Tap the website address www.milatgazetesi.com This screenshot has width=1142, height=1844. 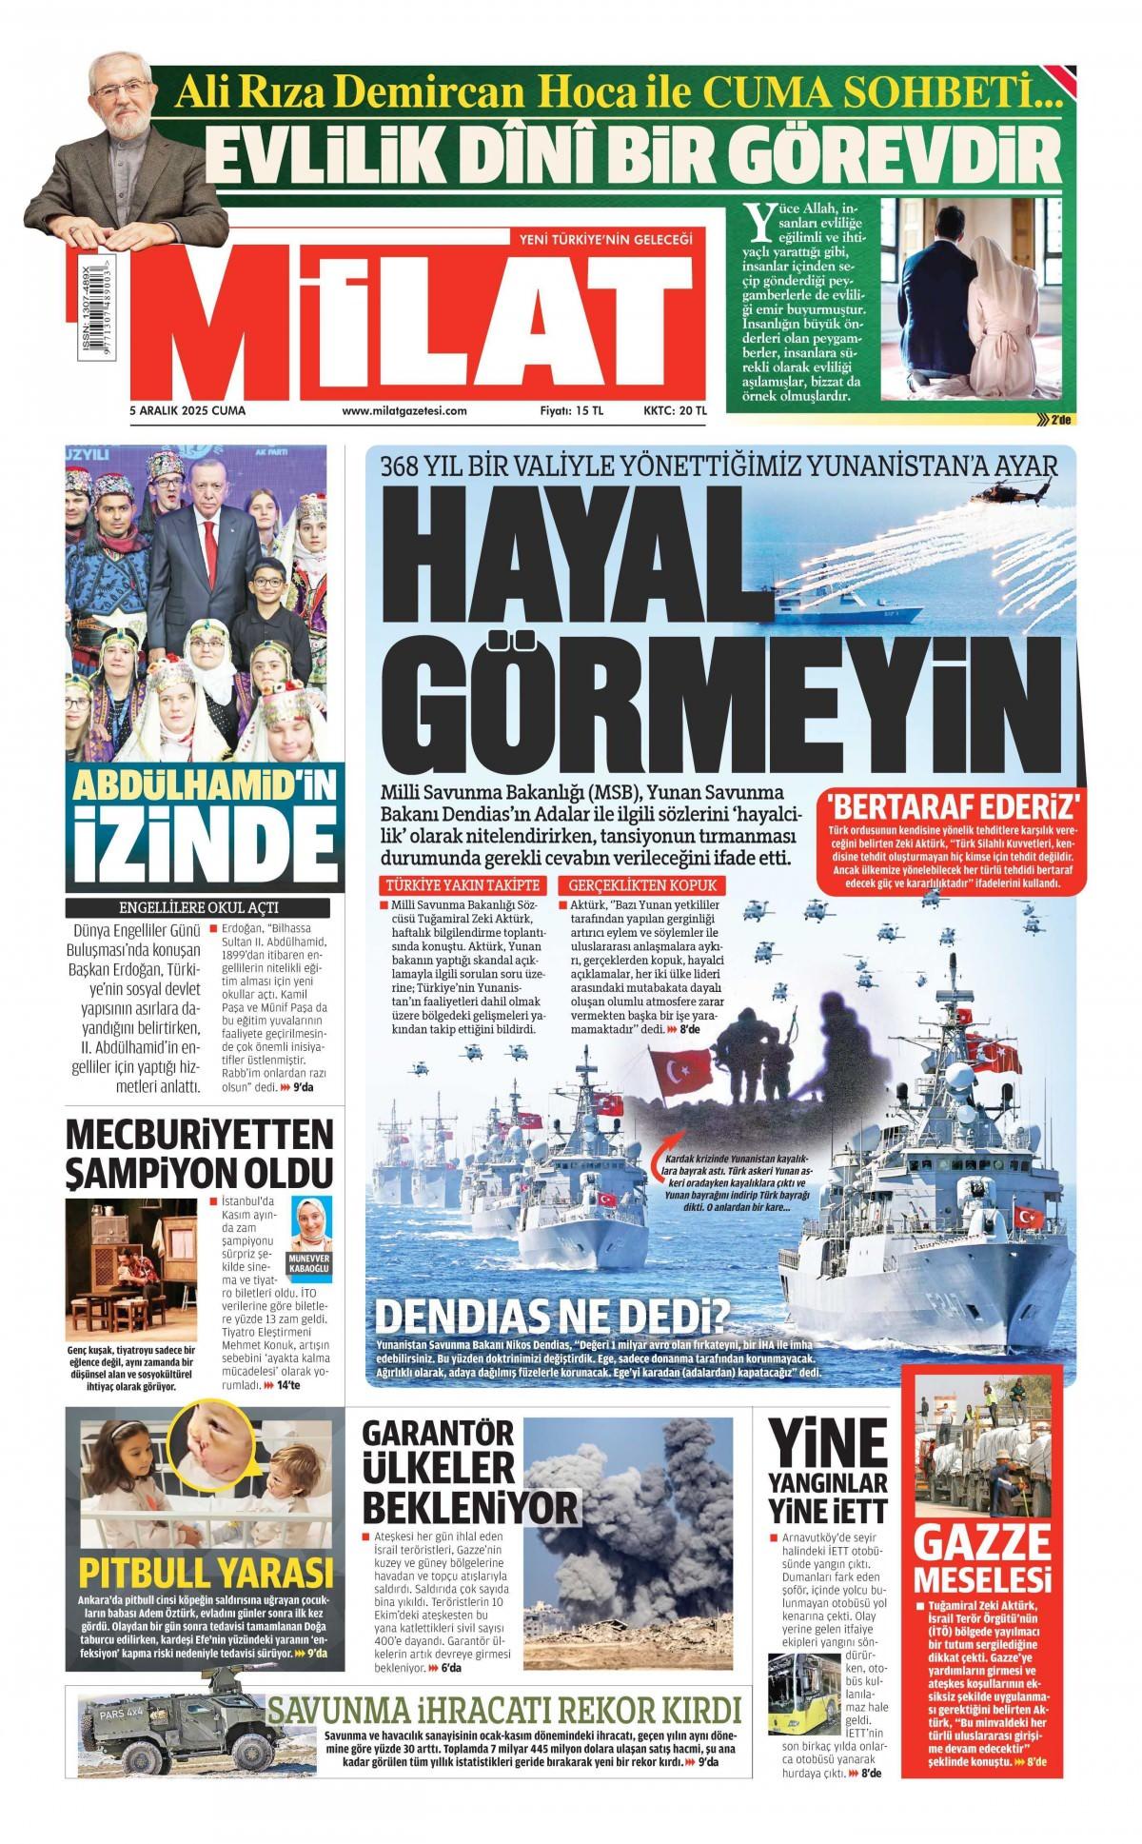click(x=404, y=411)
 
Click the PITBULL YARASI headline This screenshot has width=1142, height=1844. click(x=207, y=1572)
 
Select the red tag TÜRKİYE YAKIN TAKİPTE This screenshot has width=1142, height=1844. click(x=463, y=883)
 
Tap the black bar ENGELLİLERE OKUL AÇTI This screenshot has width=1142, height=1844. click(x=198, y=907)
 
